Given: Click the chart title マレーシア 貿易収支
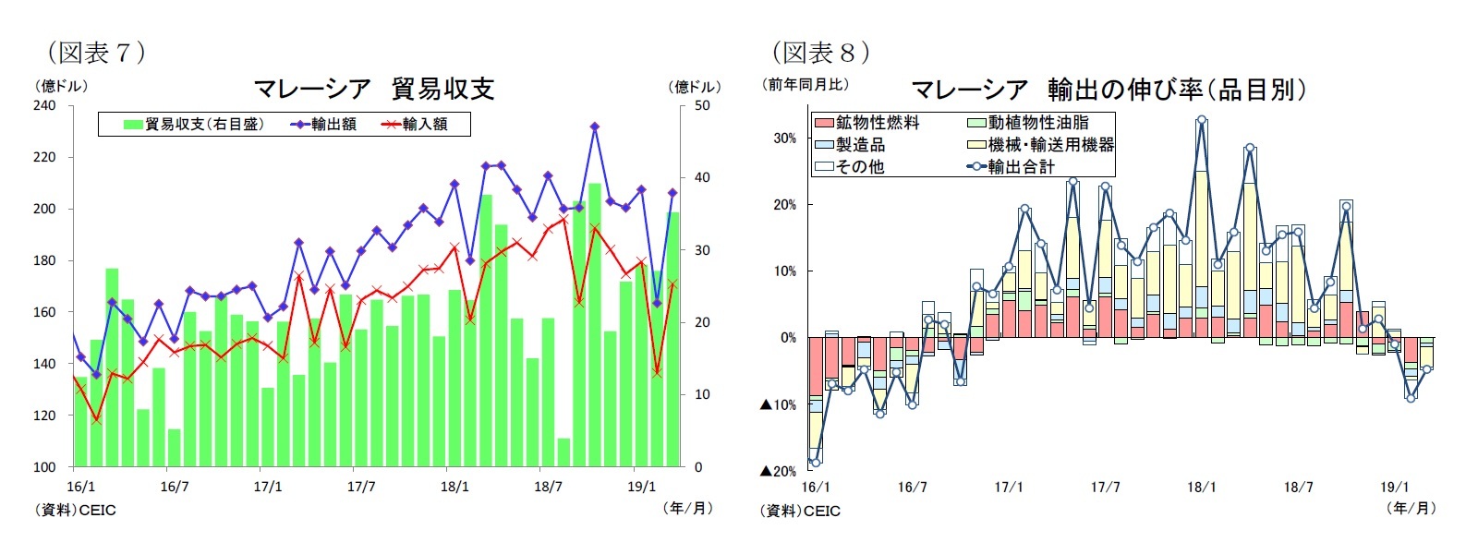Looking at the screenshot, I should (x=374, y=89).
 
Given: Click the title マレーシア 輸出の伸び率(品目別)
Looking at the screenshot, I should (x=1108, y=90).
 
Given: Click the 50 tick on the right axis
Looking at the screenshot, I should (x=702, y=105).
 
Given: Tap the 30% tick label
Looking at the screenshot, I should (x=784, y=139).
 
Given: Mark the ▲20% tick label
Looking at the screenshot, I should (x=778, y=471).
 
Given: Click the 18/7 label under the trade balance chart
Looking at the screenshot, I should (x=548, y=487).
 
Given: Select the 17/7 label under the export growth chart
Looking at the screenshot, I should (x=1105, y=488).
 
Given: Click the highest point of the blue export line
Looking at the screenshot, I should (x=595, y=126).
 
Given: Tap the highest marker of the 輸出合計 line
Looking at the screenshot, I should (x=1201, y=120).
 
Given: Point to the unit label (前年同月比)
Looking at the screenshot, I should (x=805, y=85).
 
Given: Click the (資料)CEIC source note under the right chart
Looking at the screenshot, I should (x=800, y=511).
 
